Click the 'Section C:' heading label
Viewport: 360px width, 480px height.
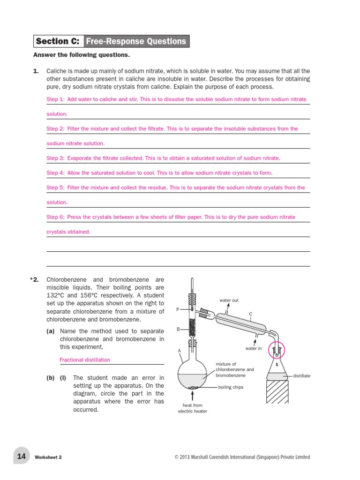click(x=58, y=41)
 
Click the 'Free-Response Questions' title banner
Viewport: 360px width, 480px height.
click(x=136, y=41)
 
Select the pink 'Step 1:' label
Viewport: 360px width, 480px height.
click(x=55, y=99)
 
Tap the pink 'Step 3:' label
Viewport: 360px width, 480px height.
click(x=55, y=158)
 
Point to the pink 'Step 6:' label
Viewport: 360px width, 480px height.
click(x=55, y=217)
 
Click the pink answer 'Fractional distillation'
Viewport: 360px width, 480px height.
click(x=85, y=360)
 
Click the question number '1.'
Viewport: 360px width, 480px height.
click(x=36, y=71)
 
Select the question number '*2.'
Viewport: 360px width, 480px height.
click(x=35, y=280)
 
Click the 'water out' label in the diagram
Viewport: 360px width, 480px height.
click(x=229, y=300)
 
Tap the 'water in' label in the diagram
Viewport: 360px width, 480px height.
click(x=254, y=348)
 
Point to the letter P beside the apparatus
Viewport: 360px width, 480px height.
click(x=178, y=309)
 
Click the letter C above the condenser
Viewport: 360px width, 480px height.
click(x=250, y=314)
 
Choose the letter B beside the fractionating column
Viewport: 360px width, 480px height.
click(x=178, y=329)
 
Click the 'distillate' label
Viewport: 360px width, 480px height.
click(x=301, y=376)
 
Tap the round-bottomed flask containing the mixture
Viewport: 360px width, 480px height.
click(x=192, y=375)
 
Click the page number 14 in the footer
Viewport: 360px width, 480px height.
click(x=22, y=456)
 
